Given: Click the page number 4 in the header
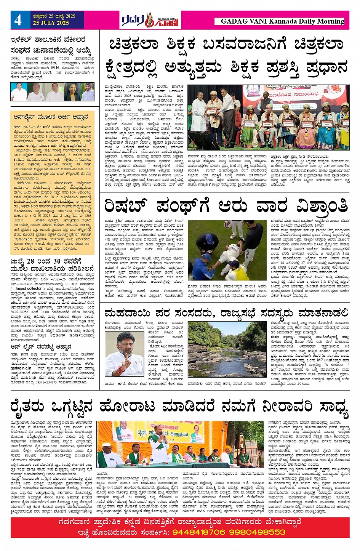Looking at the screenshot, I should click(18, 20).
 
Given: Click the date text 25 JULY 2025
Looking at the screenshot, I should click(51, 23).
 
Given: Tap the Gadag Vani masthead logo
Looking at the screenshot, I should click(150, 20).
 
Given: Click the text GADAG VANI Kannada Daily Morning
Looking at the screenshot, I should click(282, 21).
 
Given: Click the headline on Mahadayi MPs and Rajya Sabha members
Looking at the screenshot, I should click(226, 313).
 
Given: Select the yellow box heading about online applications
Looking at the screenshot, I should click(51, 117).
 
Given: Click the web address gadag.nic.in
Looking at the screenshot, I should click(21, 368).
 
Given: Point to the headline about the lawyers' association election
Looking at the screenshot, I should click(51, 45).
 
